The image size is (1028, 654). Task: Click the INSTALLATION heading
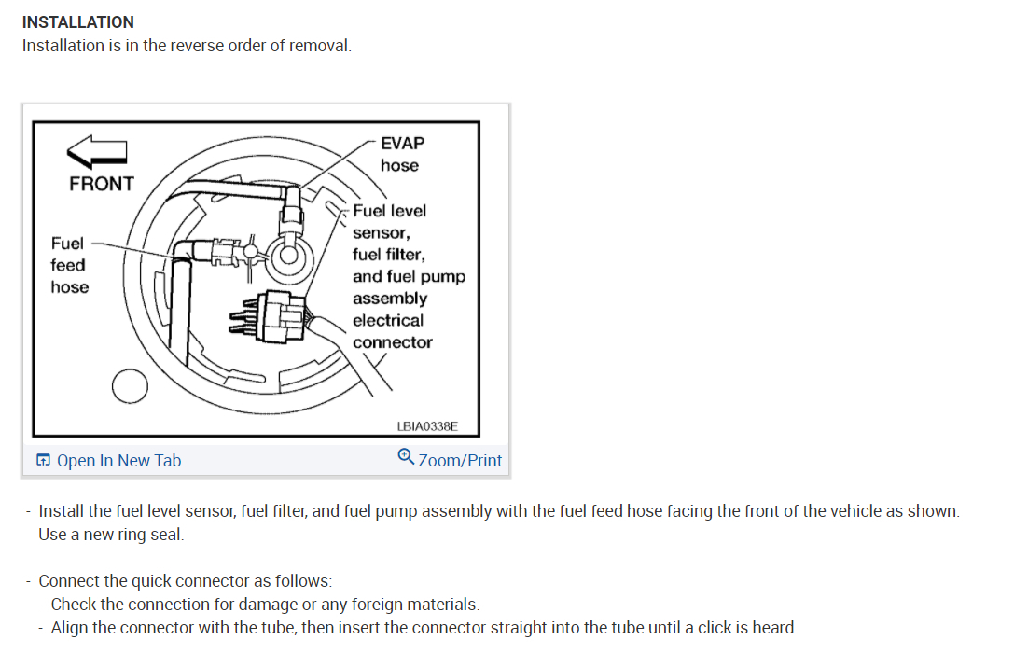tap(78, 21)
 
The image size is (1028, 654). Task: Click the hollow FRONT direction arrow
tap(97, 149)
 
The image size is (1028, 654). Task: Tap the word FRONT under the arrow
tap(101, 184)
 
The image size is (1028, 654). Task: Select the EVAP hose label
tap(401, 154)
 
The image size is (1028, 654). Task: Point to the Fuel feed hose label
tap(69, 265)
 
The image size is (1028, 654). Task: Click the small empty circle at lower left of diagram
tap(129, 386)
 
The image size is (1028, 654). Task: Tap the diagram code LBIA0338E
tap(427, 426)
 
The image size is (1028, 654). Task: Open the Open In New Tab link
tap(118, 460)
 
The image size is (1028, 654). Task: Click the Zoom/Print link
tap(460, 460)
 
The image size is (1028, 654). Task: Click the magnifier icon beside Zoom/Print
tap(406, 457)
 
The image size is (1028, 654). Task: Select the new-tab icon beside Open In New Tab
tap(43, 460)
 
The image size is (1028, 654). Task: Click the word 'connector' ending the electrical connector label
tap(392, 342)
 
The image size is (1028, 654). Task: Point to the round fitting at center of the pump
tap(286, 253)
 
